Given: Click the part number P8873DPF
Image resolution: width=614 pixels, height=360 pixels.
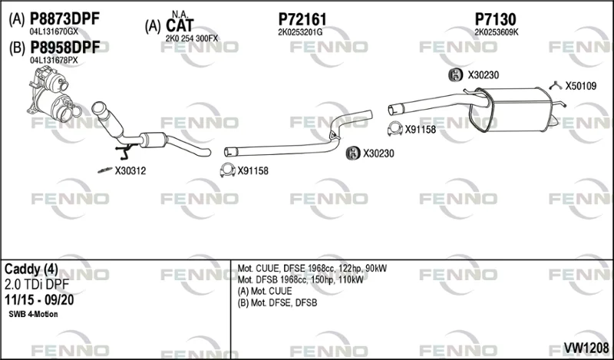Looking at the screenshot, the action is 65,18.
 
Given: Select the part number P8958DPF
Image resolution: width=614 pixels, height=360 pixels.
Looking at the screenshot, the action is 65,48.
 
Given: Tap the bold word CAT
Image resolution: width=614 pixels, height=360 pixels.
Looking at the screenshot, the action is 180,26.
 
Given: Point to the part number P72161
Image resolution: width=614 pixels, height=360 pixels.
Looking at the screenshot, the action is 302,18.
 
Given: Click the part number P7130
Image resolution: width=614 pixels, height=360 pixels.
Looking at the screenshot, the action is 495,18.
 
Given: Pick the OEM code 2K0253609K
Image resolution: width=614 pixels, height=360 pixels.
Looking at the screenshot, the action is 497,32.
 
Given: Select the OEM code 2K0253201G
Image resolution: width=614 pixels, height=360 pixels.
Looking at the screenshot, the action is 300,32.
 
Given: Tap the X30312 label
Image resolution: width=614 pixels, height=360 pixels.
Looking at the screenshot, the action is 130,171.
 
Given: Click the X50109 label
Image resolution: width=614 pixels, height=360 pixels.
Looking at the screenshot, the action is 580,86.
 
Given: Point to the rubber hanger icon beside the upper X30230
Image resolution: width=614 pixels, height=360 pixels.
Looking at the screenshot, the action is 455,74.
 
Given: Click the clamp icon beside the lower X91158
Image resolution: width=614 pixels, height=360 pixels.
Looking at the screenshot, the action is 227,170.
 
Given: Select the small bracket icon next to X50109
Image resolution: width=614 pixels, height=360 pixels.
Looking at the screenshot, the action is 555,84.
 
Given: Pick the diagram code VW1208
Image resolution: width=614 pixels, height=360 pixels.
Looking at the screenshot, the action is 586,347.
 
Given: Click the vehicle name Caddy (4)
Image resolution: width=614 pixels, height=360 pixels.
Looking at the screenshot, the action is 31,269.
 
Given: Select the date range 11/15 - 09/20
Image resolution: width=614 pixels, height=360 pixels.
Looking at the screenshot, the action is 39,300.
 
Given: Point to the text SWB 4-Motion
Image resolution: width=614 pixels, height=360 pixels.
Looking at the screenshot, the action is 33,314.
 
